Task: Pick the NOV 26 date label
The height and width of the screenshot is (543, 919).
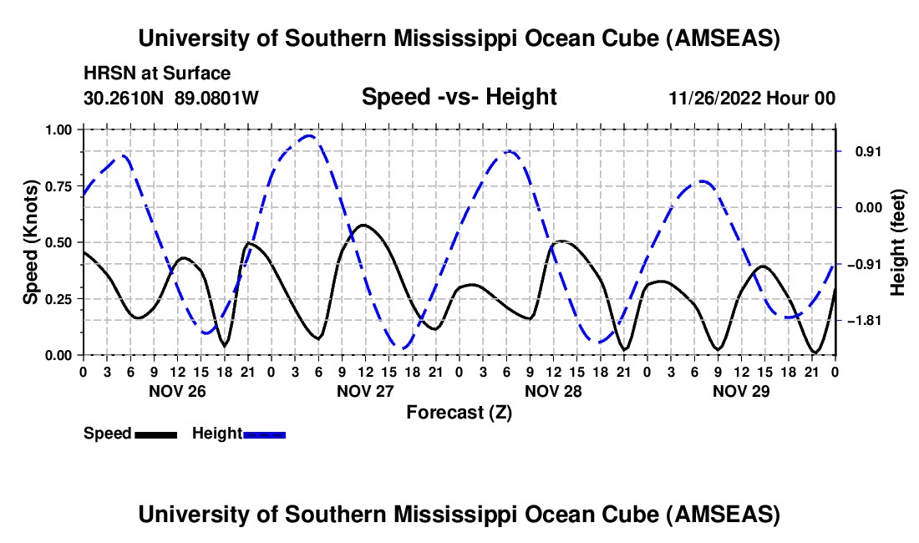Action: point(177,390)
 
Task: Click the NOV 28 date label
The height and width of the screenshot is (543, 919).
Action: point(553,390)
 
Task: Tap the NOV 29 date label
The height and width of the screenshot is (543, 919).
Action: point(741,390)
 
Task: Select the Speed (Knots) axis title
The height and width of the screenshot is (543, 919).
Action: point(31,242)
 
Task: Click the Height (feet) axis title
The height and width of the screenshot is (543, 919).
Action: point(898,242)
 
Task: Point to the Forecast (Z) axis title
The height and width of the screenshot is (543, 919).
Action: point(459,412)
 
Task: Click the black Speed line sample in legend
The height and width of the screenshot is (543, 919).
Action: point(155,434)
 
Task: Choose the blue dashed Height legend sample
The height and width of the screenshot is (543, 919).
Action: point(264,434)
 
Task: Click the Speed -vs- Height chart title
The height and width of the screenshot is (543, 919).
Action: point(459,97)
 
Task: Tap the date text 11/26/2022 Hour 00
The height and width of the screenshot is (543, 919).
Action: point(752,98)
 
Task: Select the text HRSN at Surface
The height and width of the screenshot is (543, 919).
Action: point(157,74)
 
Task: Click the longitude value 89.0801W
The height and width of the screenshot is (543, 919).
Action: point(216,98)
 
